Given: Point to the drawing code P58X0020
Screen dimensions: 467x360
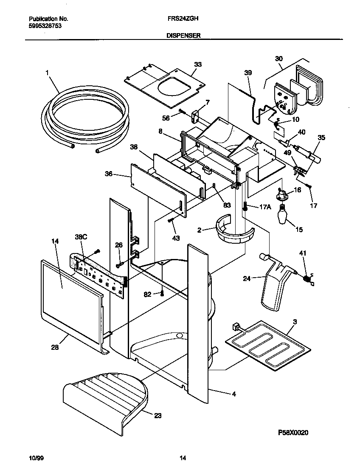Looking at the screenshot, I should tap(293, 433).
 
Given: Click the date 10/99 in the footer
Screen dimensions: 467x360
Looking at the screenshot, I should tap(36, 458).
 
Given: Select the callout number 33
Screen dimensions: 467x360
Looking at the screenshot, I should tap(198, 65).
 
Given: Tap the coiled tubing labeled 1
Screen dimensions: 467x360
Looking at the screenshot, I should tap(85, 119).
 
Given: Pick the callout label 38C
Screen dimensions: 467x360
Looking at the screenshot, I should tap(81, 237).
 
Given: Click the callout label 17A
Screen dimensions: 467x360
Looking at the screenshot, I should tap(264, 207).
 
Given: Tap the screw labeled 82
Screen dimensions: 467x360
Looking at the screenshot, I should tap(162, 293).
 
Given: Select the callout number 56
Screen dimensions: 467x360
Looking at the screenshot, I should tap(166, 118).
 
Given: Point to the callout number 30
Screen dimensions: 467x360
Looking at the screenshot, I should tap(278, 59).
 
